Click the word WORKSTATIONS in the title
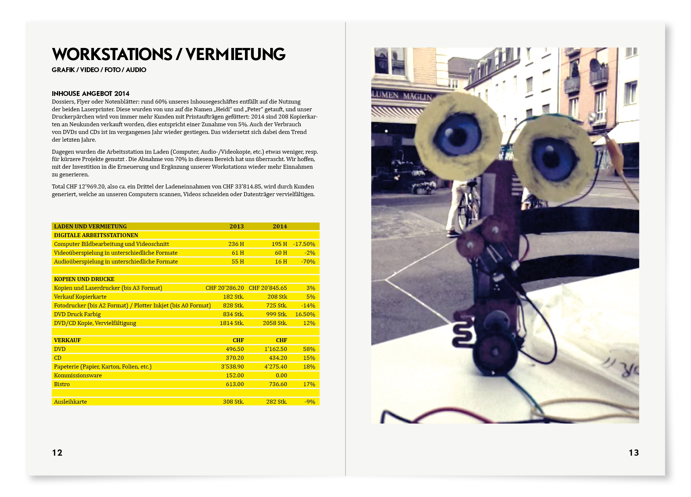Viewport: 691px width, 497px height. pos(112,54)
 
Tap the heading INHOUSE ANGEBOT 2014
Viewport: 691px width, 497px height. pos(90,94)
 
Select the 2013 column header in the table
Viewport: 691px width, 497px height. pos(236,227)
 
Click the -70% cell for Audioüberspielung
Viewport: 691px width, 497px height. pos(308,262)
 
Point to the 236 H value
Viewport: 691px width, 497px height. pos(236,244)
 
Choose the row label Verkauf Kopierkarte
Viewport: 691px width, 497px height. pos(80,297)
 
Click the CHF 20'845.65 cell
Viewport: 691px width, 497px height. pos(268,288)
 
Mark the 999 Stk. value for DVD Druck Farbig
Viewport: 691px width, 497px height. pos(276,314)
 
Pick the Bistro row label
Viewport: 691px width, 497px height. pos(62,384)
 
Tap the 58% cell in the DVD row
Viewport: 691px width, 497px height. pos(309,349)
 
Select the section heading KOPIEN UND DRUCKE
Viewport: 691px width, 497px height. pos(84,279)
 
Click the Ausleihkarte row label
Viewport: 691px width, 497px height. pos(70,402)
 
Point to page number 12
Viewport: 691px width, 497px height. pos(57,453)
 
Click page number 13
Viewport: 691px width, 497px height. pos(634,453)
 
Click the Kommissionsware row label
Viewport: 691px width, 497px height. pos(78,375)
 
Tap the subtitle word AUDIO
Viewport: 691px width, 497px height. pos(136,70)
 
